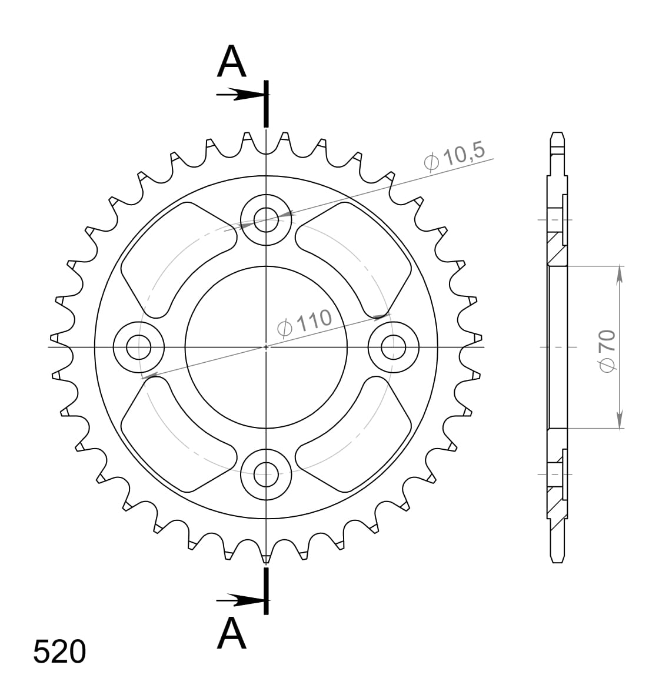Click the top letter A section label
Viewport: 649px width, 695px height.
click(x=231, y=63)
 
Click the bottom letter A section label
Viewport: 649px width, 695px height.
click(x=231, y=633)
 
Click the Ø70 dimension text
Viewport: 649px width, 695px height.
click(x=607, y=350)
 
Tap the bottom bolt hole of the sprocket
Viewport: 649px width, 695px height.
click(x=266, y=474)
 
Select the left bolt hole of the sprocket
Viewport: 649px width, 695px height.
click(x=139, y=347)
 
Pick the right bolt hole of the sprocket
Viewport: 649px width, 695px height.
click(x=393, y=347)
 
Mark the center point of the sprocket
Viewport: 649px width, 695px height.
click(x=266, y=347)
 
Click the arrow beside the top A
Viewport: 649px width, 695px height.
click(x=238, y=94)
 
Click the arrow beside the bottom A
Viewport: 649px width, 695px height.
click(x=238, y=600)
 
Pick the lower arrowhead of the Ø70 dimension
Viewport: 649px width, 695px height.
click(x=619, y=420)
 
